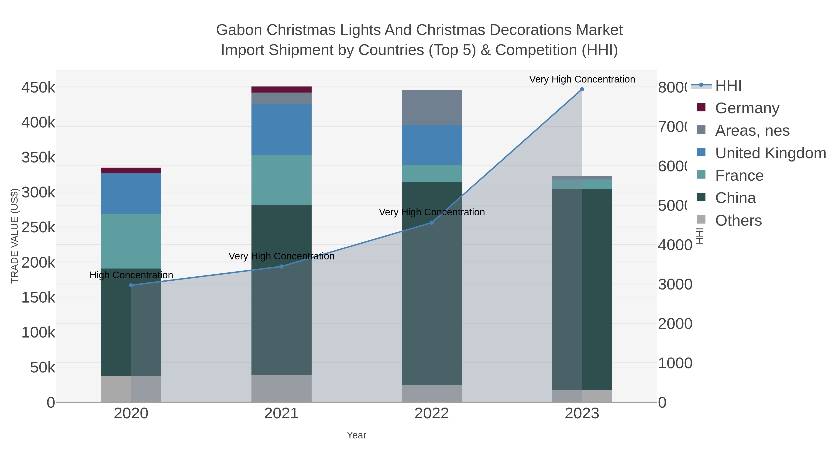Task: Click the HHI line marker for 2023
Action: (x=582, y=89)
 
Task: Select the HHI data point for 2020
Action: (x=131, y=285)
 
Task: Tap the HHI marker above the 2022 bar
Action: (x=432, y=223)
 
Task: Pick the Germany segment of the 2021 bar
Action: (x=281, y=90)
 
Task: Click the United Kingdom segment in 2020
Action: (x=131, y=193)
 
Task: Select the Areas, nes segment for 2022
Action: (x=432, y=107)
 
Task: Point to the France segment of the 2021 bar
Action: (x=281, y=180)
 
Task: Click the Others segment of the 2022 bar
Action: (x=432, y=393)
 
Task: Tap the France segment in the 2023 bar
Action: (x=582, y=184)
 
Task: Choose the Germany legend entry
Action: (x=747, y=108)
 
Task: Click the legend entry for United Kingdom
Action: (x=770, y=153)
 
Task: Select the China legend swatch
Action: (x=701, y=197)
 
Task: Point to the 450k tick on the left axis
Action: (x=38, y=88)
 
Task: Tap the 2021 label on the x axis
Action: (x=281, y=414)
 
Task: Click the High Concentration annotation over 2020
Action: (x=131, y=275)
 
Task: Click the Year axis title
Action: (x=356, y=435)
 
